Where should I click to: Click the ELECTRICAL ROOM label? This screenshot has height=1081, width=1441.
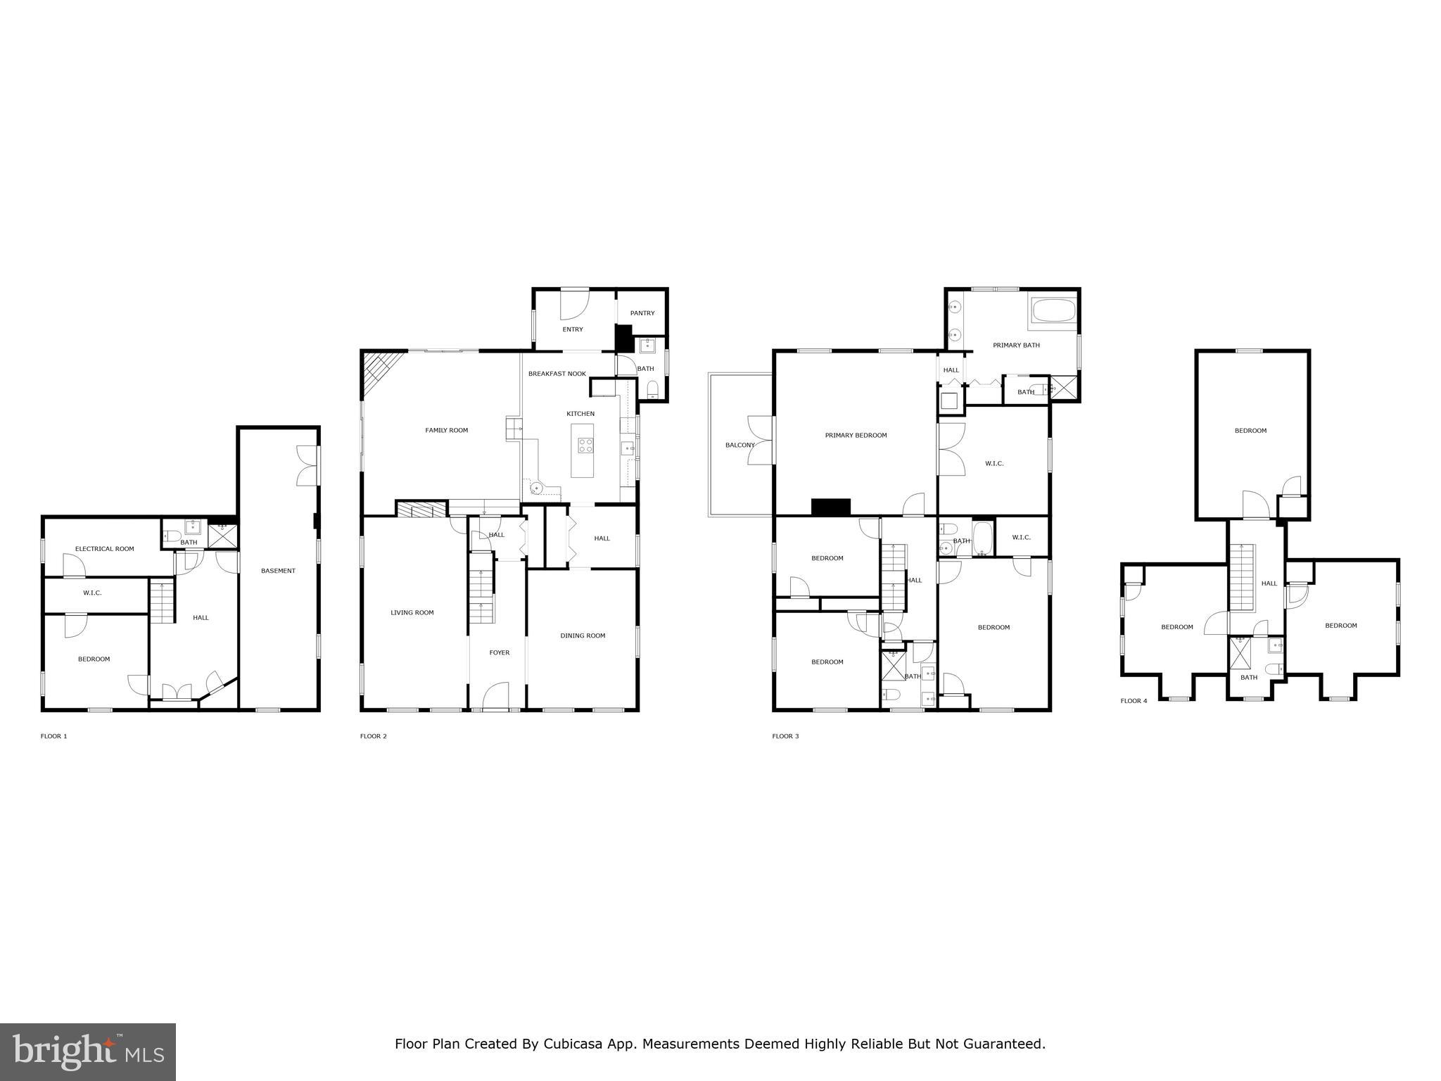[104, 549]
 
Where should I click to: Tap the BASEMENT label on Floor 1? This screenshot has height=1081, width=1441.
[278, 571]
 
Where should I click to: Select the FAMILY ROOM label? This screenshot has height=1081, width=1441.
[446, 430]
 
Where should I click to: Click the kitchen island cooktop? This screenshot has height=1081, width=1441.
[585, 445]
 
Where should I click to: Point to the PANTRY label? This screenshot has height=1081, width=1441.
[642, 313]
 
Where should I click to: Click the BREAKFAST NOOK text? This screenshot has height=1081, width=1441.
[557, 374]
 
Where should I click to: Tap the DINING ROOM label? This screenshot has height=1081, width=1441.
[583, 636]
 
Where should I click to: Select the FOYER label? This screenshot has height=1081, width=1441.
[499, 652]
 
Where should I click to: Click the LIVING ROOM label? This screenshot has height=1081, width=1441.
[412, 612]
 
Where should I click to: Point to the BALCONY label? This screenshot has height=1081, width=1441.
[739, 445]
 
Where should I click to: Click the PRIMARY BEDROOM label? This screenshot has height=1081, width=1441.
[856, 435]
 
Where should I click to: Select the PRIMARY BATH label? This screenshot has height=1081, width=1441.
[1016, 345]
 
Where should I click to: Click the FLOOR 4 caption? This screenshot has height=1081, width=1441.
[1134, 701]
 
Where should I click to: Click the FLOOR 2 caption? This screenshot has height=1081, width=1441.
[373, 736]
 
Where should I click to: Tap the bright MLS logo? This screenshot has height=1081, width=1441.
[88, 1052]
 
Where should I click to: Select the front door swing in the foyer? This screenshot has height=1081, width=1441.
[496, 697]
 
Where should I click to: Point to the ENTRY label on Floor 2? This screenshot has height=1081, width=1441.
[572, 329]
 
